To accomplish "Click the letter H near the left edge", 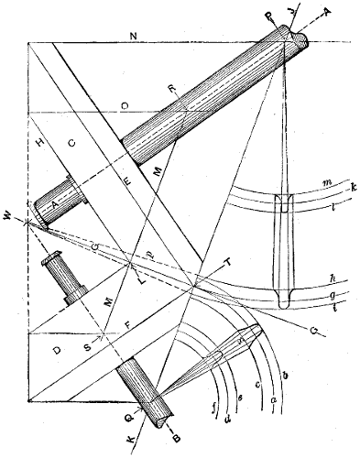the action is (x=38, y=145).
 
